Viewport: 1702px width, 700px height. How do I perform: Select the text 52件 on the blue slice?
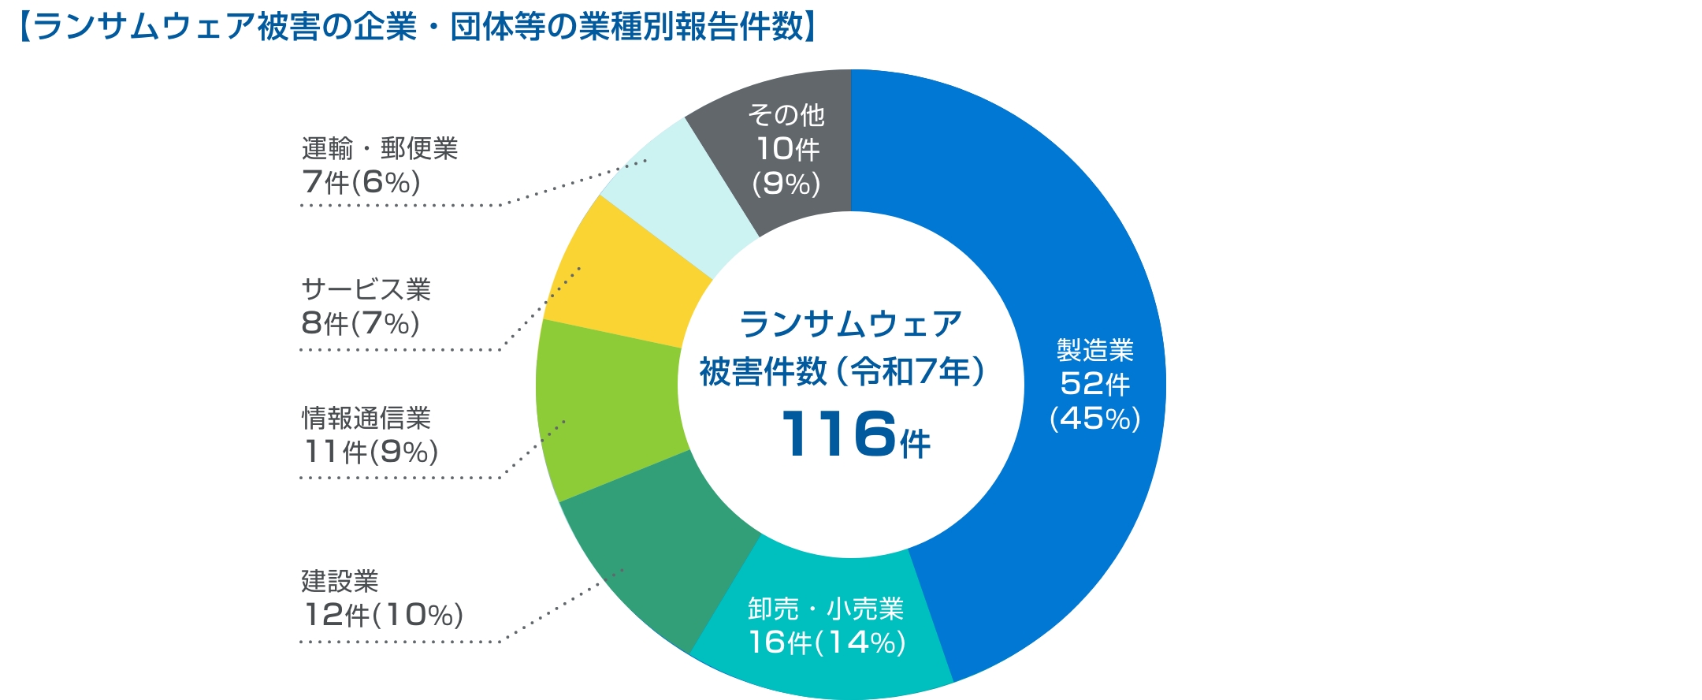click(1094, 384)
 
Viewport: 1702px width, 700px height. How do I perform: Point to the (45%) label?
click(1094, 418)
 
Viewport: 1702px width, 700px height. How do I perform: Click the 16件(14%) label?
click(827, 642)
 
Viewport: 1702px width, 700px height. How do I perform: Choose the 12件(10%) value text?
click(383, 615)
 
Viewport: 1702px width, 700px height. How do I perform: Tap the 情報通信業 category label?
click(366, 418)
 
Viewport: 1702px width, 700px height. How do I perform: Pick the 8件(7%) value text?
click(360, 323)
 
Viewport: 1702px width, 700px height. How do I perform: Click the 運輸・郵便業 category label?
click(379, 148)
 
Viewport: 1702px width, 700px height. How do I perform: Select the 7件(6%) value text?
click(361, 182)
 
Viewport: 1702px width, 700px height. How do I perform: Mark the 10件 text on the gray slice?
click(787, 149)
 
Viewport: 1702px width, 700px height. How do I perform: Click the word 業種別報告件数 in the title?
click(694, 27)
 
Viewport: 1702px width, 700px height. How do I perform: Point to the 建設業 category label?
click(340, 581)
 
